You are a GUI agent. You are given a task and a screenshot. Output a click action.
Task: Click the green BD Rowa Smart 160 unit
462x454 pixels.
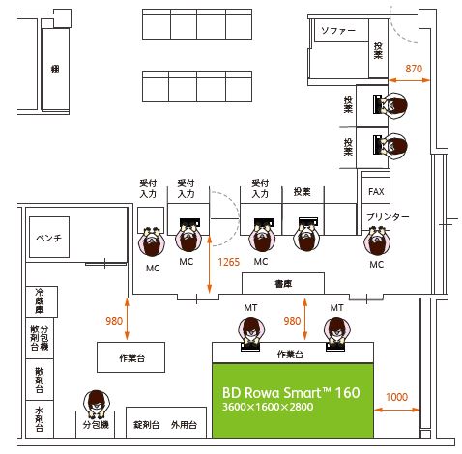[293, 400]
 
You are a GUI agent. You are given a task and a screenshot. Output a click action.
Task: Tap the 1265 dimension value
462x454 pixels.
[229, 262]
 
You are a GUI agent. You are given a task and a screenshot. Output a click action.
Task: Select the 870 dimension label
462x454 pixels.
[414, 69]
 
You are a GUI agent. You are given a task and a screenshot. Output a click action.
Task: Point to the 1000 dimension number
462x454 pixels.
[397, 397]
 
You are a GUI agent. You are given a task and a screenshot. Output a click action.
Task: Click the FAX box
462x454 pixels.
[376, 190]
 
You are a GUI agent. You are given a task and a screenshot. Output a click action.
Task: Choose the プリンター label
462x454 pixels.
[388, 216]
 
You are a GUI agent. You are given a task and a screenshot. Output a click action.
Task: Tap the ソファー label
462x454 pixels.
[338, 31]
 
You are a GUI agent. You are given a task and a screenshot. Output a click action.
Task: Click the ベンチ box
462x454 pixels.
[49, 237]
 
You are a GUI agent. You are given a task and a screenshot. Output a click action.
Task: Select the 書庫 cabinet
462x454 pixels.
[283, 283]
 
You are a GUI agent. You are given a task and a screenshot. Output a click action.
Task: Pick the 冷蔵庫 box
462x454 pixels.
[42, 301]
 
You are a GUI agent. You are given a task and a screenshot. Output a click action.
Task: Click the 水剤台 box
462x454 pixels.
[40, 419]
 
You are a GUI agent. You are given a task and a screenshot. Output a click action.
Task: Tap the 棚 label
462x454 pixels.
[55, 69]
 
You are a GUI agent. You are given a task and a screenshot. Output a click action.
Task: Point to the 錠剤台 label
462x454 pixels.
[147, 425]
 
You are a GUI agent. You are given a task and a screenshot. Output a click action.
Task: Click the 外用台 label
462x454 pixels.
[184, 425]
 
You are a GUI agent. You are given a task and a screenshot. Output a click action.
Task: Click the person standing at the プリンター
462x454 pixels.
[377, 241]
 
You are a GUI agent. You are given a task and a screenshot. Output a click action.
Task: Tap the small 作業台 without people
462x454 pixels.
[131, 357]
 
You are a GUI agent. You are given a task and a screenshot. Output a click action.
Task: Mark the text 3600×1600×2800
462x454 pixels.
[268, 407]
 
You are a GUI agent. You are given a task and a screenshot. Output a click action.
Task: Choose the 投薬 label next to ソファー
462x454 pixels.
[378, 50]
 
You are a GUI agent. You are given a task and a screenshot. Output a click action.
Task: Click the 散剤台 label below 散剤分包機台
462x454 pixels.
[40, 381]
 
